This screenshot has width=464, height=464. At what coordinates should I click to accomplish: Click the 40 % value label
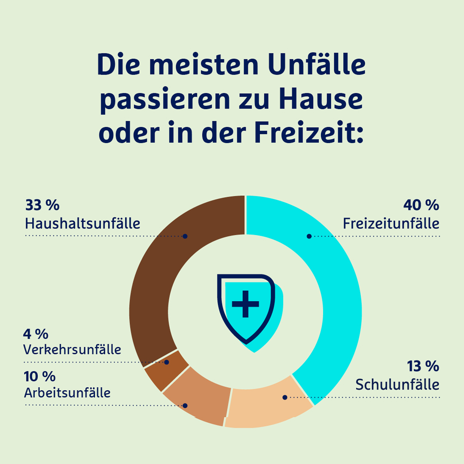pos(421,205)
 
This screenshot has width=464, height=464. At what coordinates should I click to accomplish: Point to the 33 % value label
pos(42,205)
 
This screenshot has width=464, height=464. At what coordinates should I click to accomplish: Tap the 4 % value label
pos(36,334)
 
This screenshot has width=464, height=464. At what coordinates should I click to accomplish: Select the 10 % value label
pos(40,376)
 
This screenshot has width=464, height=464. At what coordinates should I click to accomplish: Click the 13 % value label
pos(423,366)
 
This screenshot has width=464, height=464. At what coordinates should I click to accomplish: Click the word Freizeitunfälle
pos(391,223)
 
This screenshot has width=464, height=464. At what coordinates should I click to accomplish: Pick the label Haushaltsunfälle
pos(82,223)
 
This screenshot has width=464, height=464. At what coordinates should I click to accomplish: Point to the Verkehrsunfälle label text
pos(72,349)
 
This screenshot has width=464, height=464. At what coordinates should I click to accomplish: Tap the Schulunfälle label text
pos(397,385)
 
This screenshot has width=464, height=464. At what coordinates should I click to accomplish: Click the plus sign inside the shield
pos(245,304)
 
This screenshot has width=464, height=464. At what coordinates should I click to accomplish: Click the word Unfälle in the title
pos(317,64)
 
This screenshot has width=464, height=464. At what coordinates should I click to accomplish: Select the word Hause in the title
pos(321,98)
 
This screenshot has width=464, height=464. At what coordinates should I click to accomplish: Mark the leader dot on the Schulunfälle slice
pos(285,397)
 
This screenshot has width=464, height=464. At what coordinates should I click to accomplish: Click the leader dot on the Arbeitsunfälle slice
pos(185,406)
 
